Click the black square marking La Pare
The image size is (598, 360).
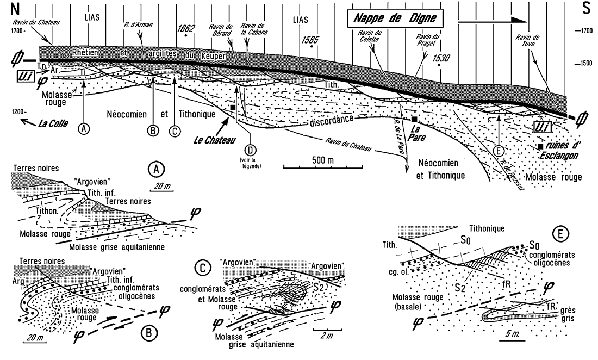(414, 119)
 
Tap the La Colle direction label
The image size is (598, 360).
(47, 124)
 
